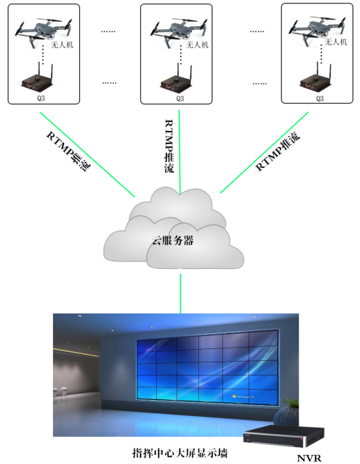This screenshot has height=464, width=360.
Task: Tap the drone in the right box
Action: [317, 29]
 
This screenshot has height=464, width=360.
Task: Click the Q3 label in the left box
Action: [41, 98]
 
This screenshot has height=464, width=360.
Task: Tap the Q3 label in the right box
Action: [320, 98]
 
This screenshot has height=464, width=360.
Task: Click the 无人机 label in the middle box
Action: [197, 45]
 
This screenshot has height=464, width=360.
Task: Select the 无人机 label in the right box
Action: [336, 42]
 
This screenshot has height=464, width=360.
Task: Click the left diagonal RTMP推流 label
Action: [69, 151]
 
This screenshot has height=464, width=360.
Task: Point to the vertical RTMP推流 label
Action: [169, 146]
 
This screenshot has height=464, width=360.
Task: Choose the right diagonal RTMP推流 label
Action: [277, 151]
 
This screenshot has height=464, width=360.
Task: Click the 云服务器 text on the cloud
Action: [173, 240]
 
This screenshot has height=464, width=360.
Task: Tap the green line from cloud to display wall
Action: [180, 293]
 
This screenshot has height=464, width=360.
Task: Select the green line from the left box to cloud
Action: [87, 155]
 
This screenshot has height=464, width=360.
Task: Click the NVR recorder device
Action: [283, 436]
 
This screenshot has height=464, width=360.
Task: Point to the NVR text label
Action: [309, 458]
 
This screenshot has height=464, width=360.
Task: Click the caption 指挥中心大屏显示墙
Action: [180, 453]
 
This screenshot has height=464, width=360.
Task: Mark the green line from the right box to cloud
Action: [264, 153]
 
